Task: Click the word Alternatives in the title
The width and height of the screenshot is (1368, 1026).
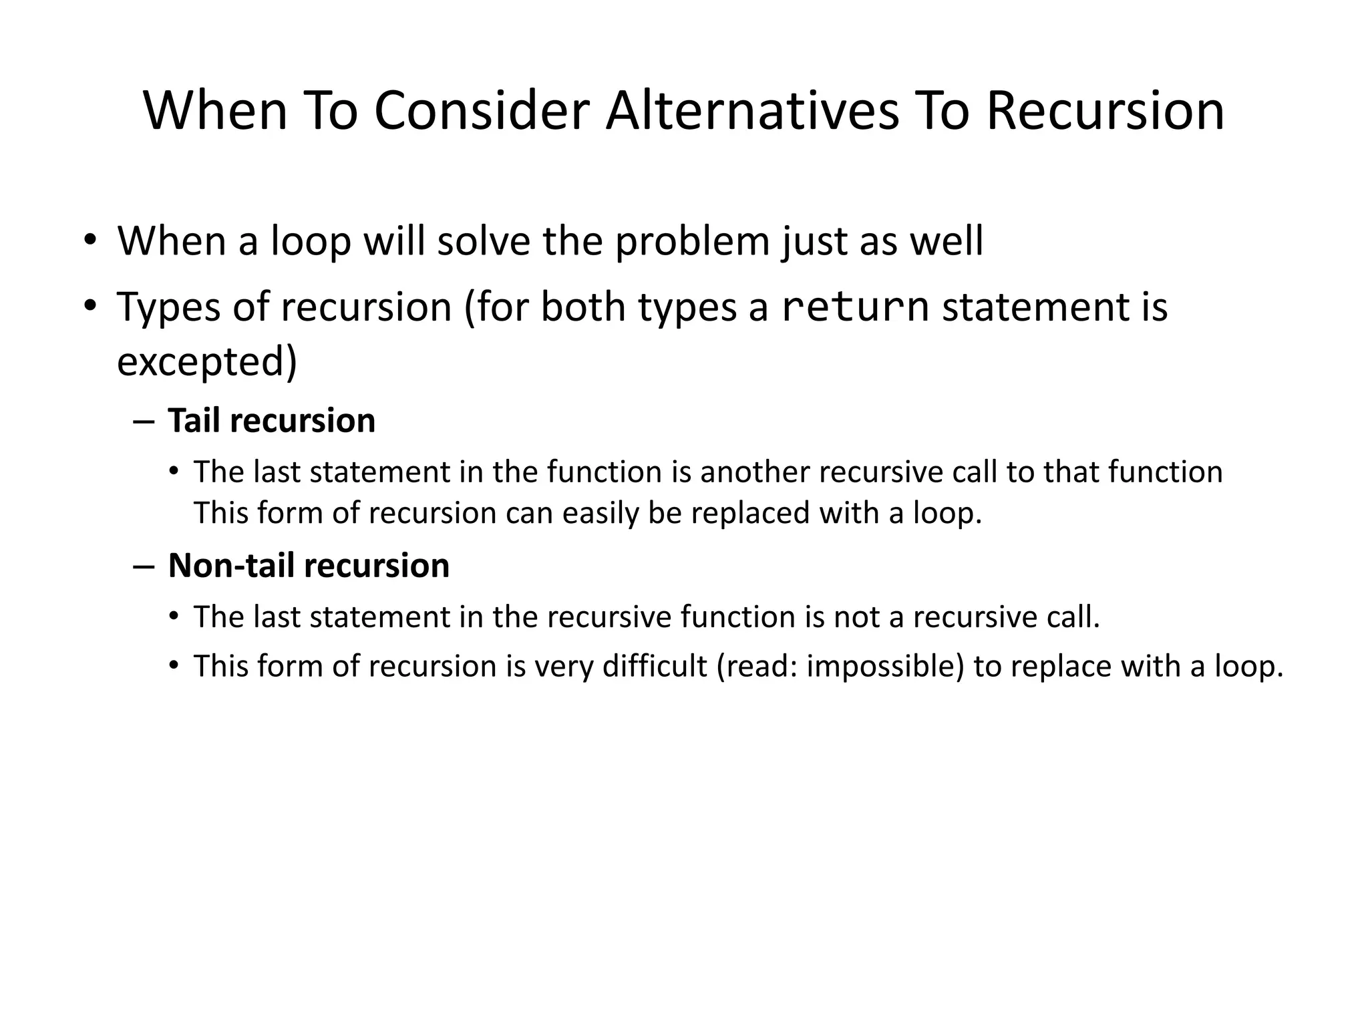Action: tap(752, 111)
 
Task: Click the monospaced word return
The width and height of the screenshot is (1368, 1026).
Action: tap(855, 307)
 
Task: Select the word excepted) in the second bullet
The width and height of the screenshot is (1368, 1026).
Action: tap(207, 361)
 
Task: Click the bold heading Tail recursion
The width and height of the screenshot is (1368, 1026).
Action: tap(271, 421)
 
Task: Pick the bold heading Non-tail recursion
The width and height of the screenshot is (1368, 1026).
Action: tap(309, 566)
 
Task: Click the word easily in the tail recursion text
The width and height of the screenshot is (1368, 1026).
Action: tap(601, 513)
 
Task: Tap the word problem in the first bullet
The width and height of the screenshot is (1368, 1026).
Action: tap(692, 241)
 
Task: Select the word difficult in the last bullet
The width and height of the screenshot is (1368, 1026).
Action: tap(654, 666)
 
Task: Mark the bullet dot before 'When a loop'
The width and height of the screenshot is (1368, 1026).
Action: tap(90, 240)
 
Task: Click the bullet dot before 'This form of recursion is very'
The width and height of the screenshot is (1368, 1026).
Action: tap(174, 666)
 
